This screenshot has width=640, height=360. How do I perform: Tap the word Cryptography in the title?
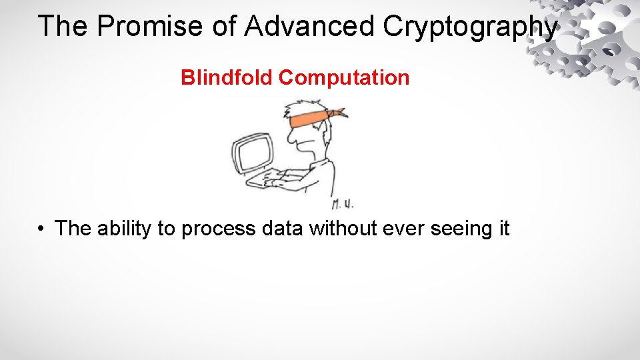tap(471, 27)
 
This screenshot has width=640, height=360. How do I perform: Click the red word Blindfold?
tap(227, 78)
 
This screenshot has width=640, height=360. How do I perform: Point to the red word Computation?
tap(344, 78)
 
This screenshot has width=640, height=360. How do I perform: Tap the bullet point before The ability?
tap(41, 229)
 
